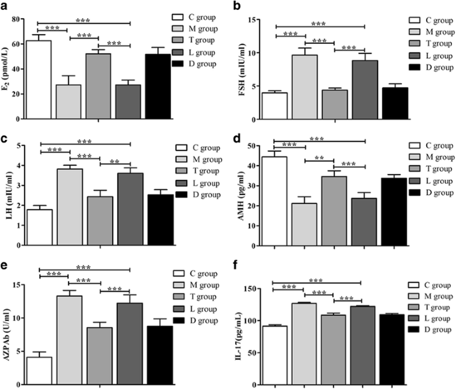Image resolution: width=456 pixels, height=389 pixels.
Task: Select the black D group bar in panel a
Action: point(158,87)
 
